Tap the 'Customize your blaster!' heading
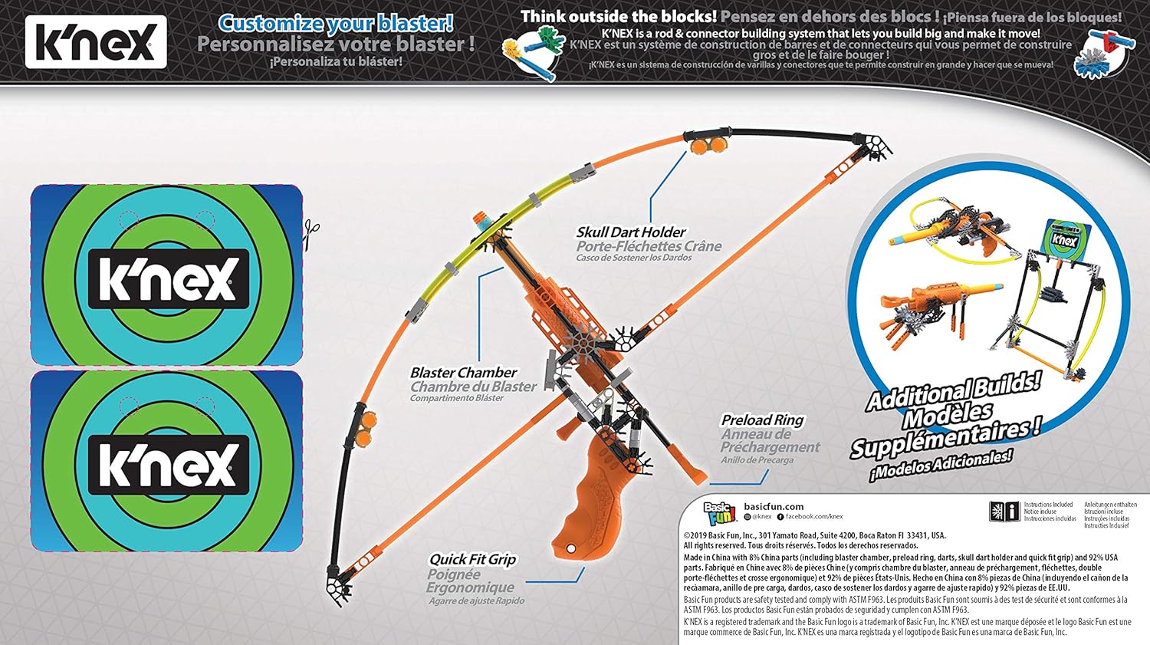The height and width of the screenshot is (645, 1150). (x=336, y=23)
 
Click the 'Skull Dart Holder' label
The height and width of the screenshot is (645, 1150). (x=631, y=232)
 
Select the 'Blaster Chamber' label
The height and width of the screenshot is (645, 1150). (x=464, y=373)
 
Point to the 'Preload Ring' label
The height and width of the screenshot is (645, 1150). (x=762, y=420)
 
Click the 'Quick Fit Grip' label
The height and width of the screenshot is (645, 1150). (x=472, y=560)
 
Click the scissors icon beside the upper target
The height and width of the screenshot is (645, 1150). (x=310, y=232)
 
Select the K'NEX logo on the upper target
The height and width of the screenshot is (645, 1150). (x=167, y=278)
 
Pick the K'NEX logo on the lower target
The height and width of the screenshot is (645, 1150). (x=167, y=465)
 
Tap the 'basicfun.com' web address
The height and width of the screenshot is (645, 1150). (x=774, y=506)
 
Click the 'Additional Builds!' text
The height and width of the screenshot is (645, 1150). (x=954, y=390)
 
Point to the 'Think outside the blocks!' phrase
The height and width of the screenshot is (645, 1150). (x=619, y=16)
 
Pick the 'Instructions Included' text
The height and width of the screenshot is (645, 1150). (x=1048, y=505)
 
